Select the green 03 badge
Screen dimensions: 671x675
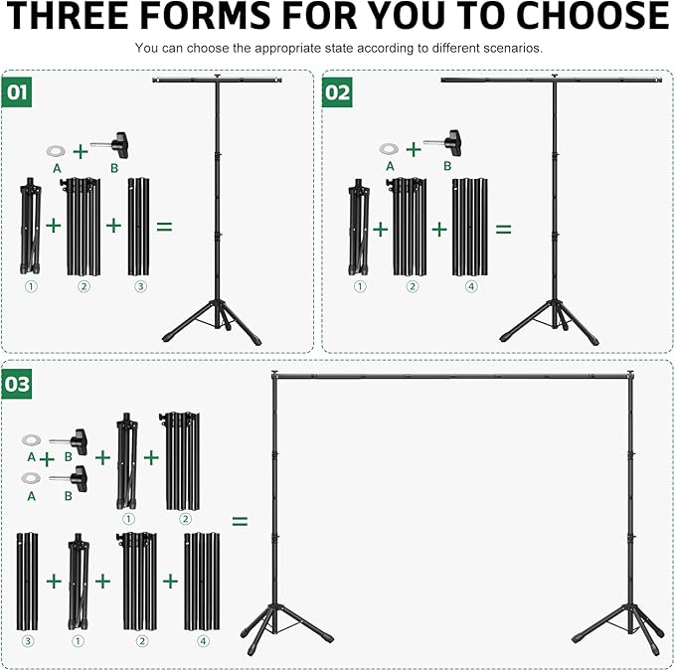coord(17,383)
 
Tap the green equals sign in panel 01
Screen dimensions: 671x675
coord(164,226)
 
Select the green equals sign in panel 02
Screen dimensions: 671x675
coord(504,229)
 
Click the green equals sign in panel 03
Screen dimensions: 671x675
coord(240,521)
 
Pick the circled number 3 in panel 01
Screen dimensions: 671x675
coord(140,286)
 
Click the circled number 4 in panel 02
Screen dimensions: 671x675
coord(472,286)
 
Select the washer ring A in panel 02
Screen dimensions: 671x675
coord(388,149)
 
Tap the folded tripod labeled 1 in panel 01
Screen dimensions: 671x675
coord(30,228)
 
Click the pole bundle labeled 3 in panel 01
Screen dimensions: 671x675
coord(139,228)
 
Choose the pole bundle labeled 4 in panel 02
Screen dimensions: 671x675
coord(471,228)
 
